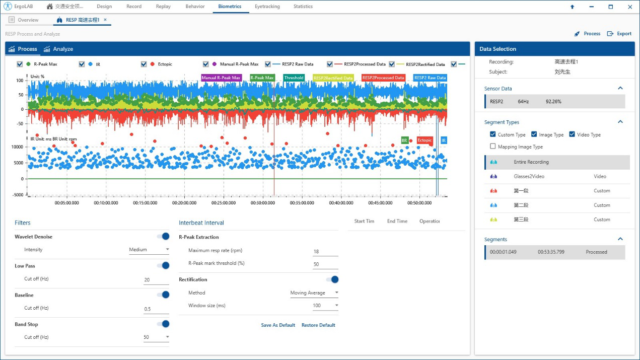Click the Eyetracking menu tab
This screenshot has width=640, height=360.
pyautogui.click(x=267, y=7)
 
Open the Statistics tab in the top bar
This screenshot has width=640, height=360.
pyautogui.click(x=303, y=7)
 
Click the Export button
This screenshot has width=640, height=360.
pyautogui.click(x=619, y=34)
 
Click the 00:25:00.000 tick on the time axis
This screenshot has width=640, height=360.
pyautogui.click(x=224, y=203)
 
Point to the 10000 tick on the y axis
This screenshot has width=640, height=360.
pyautogui.click(x=17, y=147)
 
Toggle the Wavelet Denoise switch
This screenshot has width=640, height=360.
pyautogui.click(x=163, y=237)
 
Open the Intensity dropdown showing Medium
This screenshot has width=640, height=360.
pyautogui.click(x=149, y=250)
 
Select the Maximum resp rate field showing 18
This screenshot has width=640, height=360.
pyautogui.click(x=325, y=251)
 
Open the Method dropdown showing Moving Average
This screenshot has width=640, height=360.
pyautogui.click(x=314, y=293)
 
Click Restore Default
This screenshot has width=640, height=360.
pyautogui.click(x=318, y=325)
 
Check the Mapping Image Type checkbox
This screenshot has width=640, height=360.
pyautogui.click(x=493, y=147)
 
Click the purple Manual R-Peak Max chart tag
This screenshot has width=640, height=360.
pyautogui.click(x=221, y=78)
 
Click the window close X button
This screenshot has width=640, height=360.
pyautogui.click(x=629, y=7)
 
